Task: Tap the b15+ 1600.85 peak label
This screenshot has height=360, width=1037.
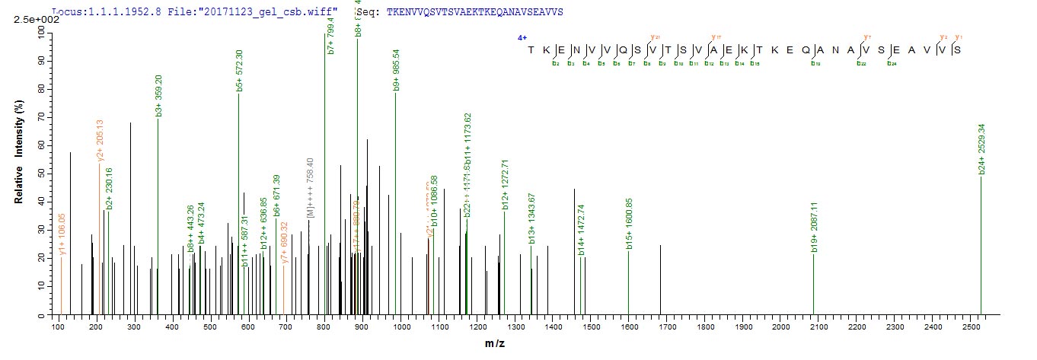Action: [x=629, y=223]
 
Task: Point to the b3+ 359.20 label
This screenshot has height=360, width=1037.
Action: [x=158, y=91]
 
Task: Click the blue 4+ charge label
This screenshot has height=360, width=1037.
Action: [x=522, y=37]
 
